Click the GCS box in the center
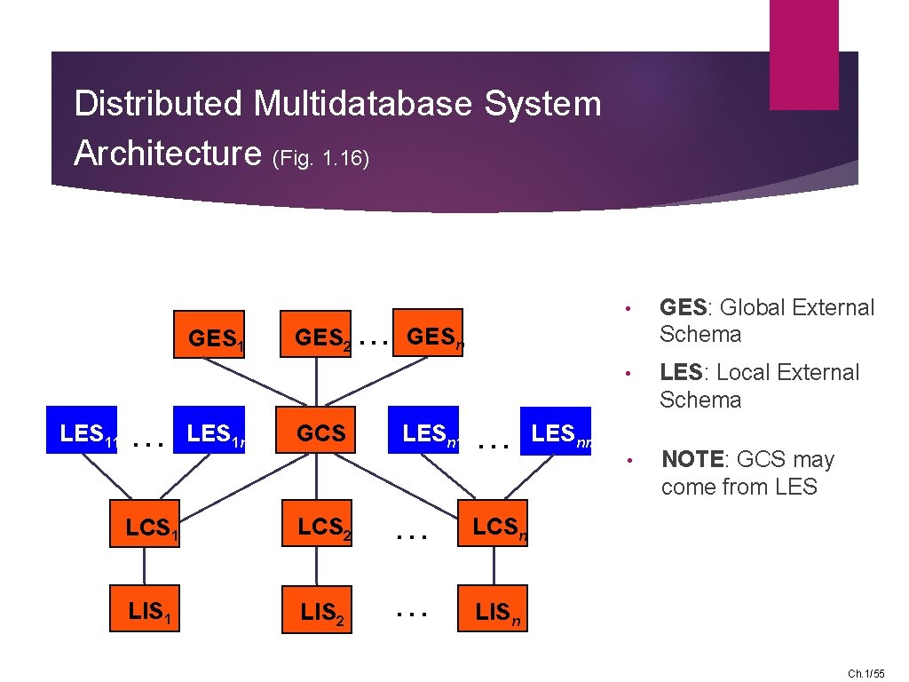317,431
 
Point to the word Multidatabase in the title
365,104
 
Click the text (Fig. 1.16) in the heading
320,158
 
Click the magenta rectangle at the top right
803,55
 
